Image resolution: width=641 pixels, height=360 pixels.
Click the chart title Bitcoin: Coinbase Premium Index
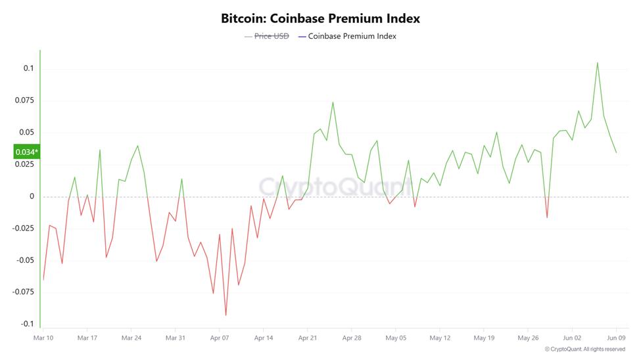point(320,18)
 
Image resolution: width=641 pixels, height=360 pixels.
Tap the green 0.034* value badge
point(26,152)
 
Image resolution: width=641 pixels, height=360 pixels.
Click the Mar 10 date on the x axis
point(43,338)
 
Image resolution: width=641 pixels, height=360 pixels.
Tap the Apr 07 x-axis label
point(220,338)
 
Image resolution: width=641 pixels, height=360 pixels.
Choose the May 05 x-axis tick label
point(396,338)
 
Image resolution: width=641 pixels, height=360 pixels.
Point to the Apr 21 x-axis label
point(308,338)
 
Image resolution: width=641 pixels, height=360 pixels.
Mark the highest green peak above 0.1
point(597,63)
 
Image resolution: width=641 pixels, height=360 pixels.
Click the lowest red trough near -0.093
point(226,315)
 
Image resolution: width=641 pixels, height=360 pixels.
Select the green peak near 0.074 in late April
point(333,102)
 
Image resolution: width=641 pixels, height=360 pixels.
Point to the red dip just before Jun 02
point(546,217)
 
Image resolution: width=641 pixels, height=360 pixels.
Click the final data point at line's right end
point(616,153)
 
